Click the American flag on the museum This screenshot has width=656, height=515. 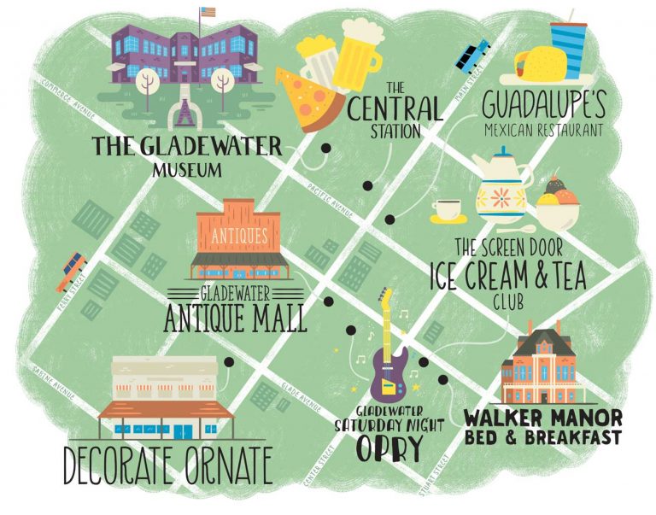tap(206, 13)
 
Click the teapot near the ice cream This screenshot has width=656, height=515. tap(503, 185)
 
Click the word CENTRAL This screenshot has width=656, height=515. tap(395, 108)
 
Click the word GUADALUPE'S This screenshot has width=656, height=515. tap(543, 105)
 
